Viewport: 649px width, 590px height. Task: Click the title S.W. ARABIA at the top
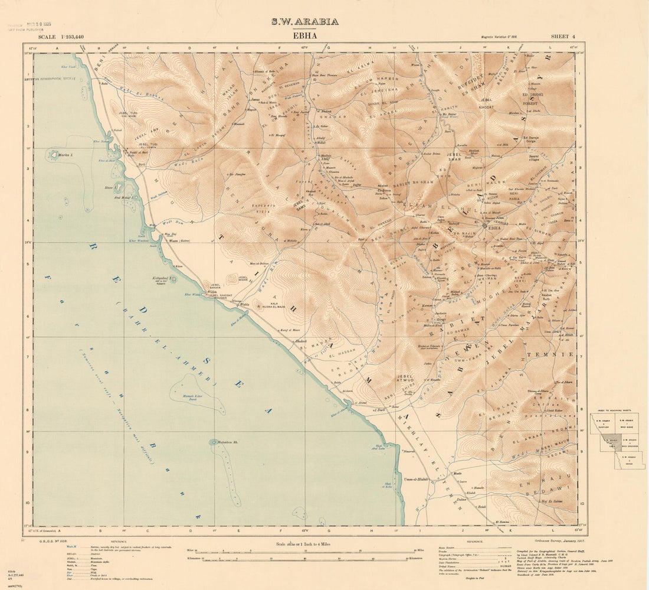(304, 22)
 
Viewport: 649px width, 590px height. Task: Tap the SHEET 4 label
(563, 37)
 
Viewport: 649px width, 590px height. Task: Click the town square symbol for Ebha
(485, 225)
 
